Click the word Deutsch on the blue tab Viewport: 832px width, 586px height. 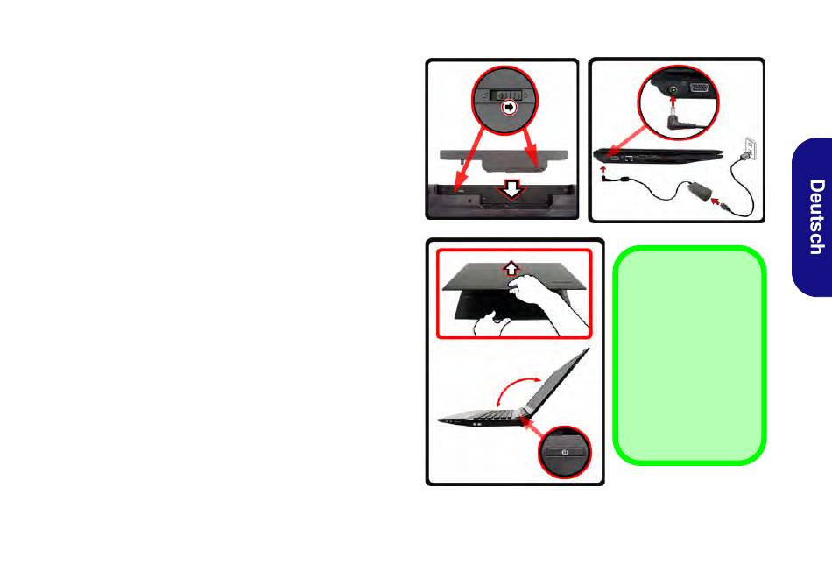816,217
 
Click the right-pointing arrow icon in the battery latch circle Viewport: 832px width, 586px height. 510,108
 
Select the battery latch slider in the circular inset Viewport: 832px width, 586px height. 505,95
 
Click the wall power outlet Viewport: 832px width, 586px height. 751,145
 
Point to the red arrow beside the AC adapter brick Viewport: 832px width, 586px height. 716,201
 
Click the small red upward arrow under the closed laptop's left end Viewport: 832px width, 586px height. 603,169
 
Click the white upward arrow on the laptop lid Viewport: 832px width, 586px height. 511,268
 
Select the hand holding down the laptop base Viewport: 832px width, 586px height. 490,324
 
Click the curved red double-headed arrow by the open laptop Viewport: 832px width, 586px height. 518,389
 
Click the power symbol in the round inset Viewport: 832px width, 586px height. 565,452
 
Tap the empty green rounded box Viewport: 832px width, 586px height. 689,355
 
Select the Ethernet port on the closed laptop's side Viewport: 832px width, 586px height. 629,158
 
